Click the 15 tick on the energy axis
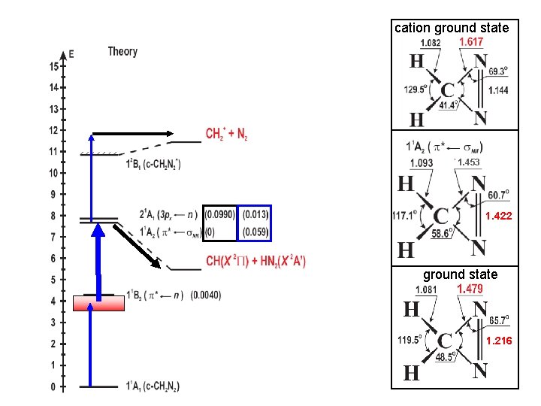click(x=54, y=66)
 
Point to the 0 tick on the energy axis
click(x=54, y=386)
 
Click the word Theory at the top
click(x=122, y=52)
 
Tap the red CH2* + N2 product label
click(x=227, y=135)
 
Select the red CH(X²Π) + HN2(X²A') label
click(x=255, y=262)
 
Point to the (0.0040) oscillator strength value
click(x=206, y=294)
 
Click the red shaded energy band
click(x=98, y=304)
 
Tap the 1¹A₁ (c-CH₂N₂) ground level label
click(x=153, y=386)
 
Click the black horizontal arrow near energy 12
click(x=131, y=133)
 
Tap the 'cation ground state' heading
click(x=452, y=28)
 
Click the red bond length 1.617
click(x=471, y=43)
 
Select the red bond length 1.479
click(x=470, y=289)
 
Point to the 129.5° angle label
click(x=415, y=89)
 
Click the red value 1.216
click(x=498, y=341)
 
